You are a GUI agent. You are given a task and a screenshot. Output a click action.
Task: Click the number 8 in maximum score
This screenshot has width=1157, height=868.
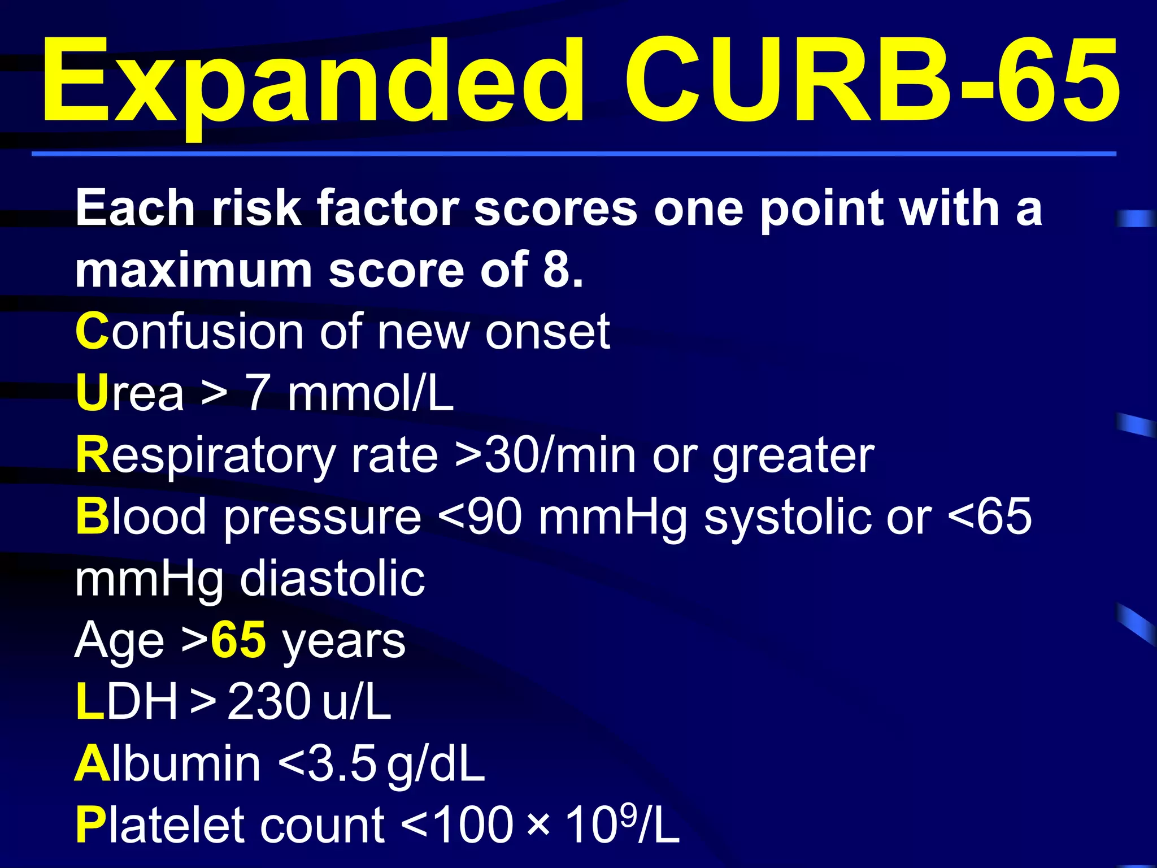coord(556,270)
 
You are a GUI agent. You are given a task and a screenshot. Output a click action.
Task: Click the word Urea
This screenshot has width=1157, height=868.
coord(130,393)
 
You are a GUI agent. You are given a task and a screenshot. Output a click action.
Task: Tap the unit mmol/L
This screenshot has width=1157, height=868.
coord(370,393)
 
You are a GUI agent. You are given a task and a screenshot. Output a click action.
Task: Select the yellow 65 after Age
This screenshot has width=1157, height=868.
coord(238,641)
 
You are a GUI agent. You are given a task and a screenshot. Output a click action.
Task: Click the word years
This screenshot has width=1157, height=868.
coord(343,641)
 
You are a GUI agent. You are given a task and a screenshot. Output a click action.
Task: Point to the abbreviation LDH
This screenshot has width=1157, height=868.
coord(127,702)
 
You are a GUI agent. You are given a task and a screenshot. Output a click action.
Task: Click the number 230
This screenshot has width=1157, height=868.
coord(269,702)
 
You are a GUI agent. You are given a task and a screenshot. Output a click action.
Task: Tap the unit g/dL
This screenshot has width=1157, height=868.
coord(436,764)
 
